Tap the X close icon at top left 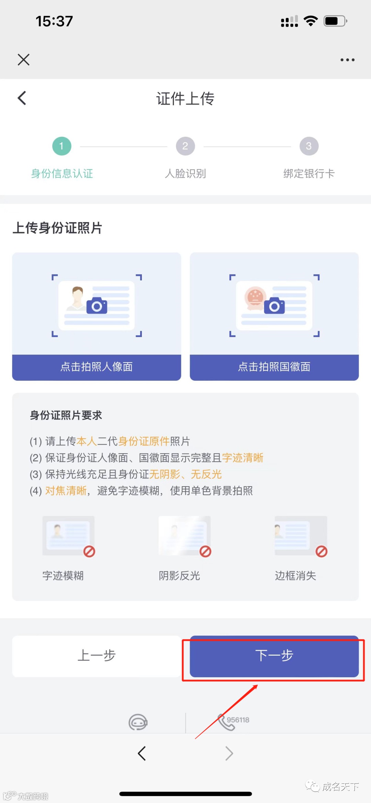click(x=23, y=59)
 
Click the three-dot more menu click(x=347, y=60)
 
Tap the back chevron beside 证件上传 click(x=22, y=98)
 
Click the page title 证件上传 click(x=185, y=99)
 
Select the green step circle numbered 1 click(x=62, y=146)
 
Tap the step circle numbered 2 click(x=185, y=146)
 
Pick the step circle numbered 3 click(x=309, y=146)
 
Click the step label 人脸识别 click(x=185, y=174)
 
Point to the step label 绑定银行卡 click(x=309, y=174)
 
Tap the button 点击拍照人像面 click(x=97, y=367)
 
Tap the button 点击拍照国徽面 click(x=274, y=367)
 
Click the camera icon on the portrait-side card click(x=97, y=306)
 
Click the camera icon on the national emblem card click(x=274, y=306)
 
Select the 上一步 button click(x=97, y=656)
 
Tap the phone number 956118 click(x=238, y=720)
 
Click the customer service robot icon click(x=138, y=722)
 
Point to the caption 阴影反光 click(x=179, y=576)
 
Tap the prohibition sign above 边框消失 click(x=322, y=551)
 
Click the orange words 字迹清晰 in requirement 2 click(x=243, y=458)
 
